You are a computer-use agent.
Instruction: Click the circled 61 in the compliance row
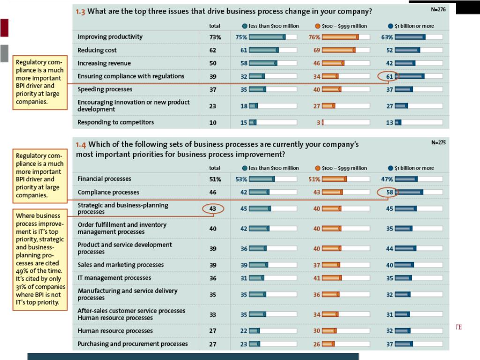[390, 76]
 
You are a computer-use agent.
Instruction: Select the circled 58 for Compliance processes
[390, 192]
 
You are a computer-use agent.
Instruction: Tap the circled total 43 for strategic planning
[213, 209]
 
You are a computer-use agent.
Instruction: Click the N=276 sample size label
[438, 9]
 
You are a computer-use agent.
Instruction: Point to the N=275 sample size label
[438, 142]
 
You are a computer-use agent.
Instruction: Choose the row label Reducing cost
[97, 50]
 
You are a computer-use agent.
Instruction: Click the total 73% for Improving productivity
[215, 37]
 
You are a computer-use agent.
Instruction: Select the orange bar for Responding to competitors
[323, 122]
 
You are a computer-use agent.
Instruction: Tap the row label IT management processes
[114, 278]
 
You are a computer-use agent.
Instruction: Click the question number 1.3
[80, 12]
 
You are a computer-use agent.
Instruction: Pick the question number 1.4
[81, 144]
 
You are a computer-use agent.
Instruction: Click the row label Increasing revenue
[104, 63]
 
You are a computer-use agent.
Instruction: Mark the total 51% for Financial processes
[215, 179]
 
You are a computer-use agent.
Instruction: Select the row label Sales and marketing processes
[120, 265]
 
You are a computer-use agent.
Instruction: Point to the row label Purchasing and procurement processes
[133, 344]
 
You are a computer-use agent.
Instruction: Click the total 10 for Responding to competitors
[213, 123]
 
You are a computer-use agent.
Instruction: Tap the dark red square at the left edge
[4, 28]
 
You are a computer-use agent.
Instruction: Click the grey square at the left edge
[4, 53]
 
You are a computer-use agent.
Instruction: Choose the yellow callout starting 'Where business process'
[40, 260]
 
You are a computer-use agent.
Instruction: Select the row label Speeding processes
[105, 90]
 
